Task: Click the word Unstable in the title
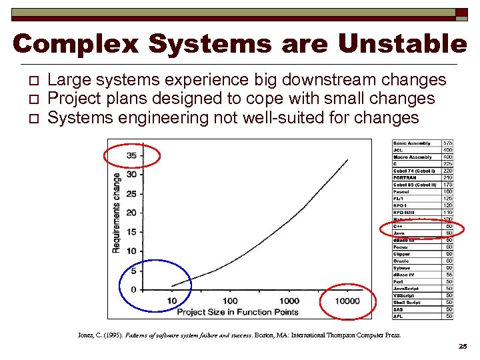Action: [403, 45]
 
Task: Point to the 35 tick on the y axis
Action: [131, 155]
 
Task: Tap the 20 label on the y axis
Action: [131, 213]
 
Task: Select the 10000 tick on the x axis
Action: [346, 301]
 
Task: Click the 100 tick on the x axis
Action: [230, 301]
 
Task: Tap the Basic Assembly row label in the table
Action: [412, 143]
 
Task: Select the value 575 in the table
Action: [447, 143]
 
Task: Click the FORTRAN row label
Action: [405, 178]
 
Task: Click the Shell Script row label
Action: [407, 303]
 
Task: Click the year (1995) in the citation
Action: [111, 335]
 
